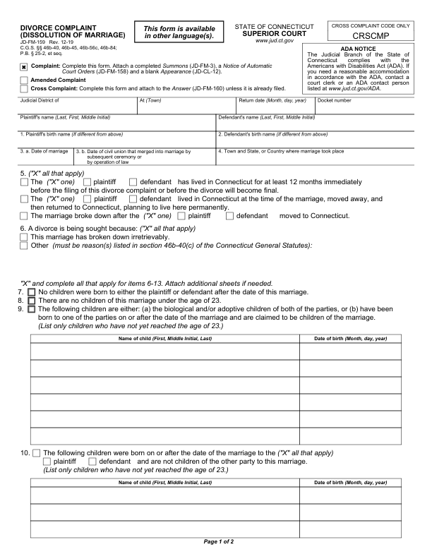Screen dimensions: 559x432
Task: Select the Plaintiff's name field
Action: [x=116, y=124]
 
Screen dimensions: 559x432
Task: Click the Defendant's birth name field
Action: [x=316, y=140]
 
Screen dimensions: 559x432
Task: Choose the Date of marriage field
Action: [x=46, y=160]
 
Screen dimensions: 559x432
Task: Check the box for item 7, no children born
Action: [x=31, y=292]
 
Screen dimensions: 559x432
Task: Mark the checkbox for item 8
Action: [x=31, y=301]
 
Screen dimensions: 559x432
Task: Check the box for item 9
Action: [x=31, y=309]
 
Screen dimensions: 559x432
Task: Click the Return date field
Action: [x=275, y=107]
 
